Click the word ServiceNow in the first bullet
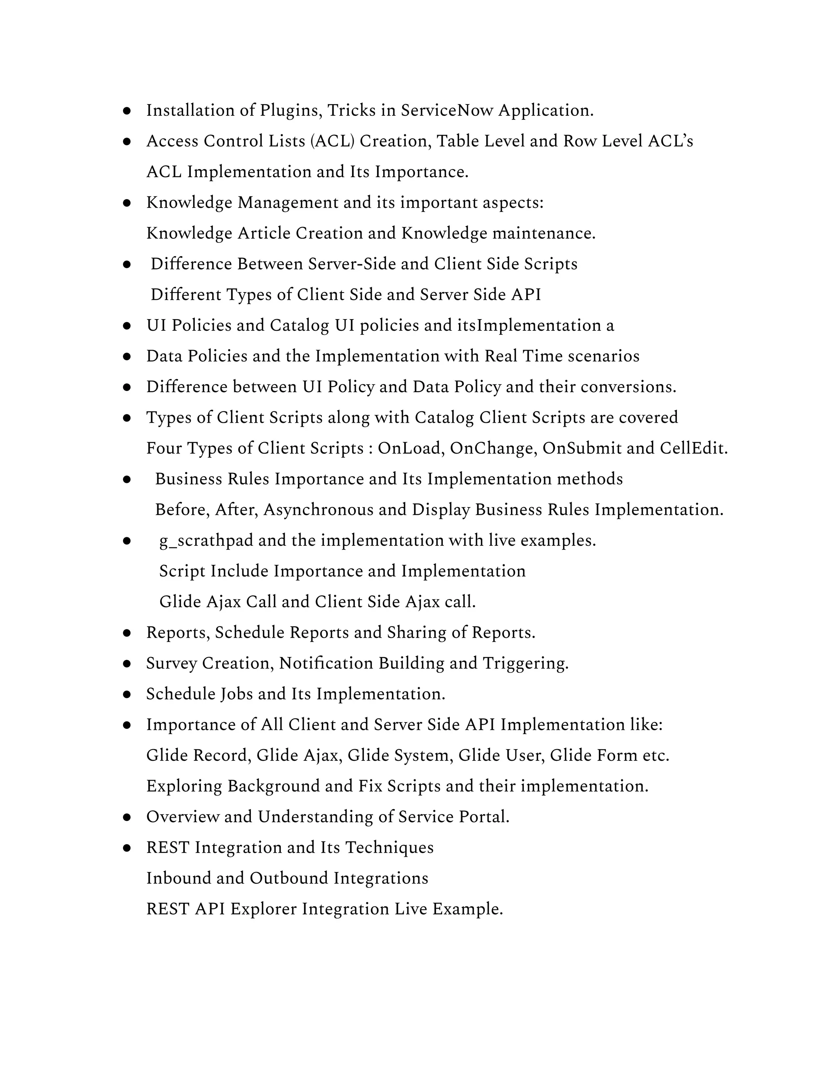pyautogui.click(x=447, y=111)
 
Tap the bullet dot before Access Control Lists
pyautogui.click(x=127, y=142)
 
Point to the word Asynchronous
pyautogui.click(x=319, y=510)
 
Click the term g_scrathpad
pyautogui.click(x=206, y=541)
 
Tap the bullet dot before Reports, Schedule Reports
pyautogui.click(x=127, y=633)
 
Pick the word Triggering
pyautogui.click(x=526, y=664)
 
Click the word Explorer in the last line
pyautogui.click(x=264, y=909)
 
